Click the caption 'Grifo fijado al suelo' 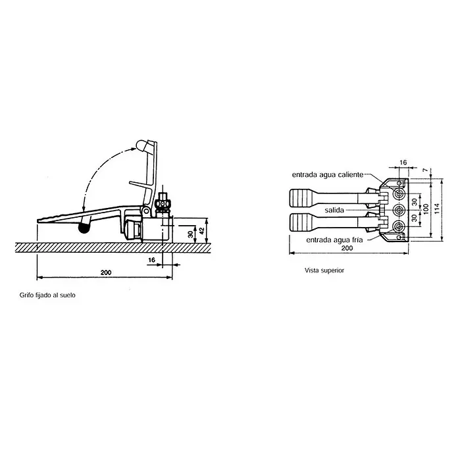(x=47, y=295)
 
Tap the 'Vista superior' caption (x=324, y=270)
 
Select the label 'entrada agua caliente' (x=328, y=174)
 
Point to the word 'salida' (x=334, y=210)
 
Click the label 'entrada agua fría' (x=334, y=240)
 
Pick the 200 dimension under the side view (x=106, y=272)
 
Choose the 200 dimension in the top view (x=347, y=248)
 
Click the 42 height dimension (x=201, y=231)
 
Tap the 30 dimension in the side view (x=190, y=234)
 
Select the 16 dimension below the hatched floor (x=151, y=260)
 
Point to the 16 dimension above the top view (x=403, y=163)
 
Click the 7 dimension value (x=425, y=170)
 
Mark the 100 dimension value (x=426, y=209)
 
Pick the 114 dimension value (x=437, y=209)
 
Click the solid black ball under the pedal (x=84, y=228)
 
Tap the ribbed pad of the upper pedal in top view (x=300, y=198)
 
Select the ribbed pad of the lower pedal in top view (x=300, y=222)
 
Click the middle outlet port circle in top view (x=399, y=210)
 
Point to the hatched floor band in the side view (x=113, y=247)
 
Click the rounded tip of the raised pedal (x=141, y=145)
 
